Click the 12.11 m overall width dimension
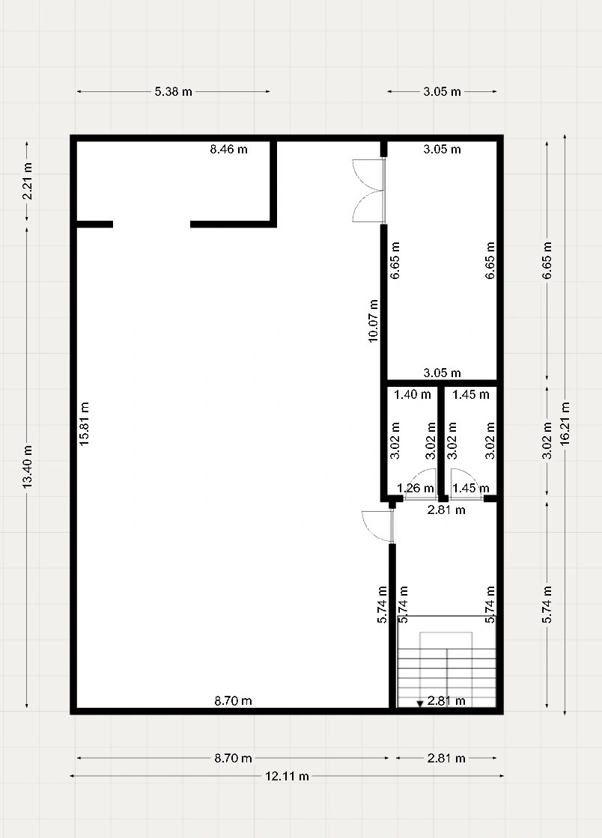pyautogui.click(x=287, y=776)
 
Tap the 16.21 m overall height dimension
pyautogui.click(x=565, y=423)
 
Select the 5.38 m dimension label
pyautogui.click(x=173, y=91)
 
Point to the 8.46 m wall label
pyautogui.click(x=229, y=149)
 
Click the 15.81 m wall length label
pyautogui.click(x=84, y=423)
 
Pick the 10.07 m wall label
pyautogui.click(x=373, y=321)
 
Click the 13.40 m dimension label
pyautogui.click(x=28, y=466)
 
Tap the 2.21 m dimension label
pyautogui.click(x=28, y=181)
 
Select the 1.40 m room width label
pyautogui.click(x=413, y=394)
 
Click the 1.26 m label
pyautogui.click(x=416, y=488)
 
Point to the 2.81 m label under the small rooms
pyautogui.click(x=446, y=510)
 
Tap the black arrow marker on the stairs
pyautogui.click(x=420, y=704)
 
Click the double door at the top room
pyautogui.click(x=369, y=191)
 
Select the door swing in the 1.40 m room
pyautogui.click(x=422, y=483)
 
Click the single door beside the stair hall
pyautogui.click(x=378, y=527)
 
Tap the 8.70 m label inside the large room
pyautogui.click(x=233, y=700)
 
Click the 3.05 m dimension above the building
pyautogui.click(x=443, y=91)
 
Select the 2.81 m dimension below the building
pyautogui.click(x=446, y=758)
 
